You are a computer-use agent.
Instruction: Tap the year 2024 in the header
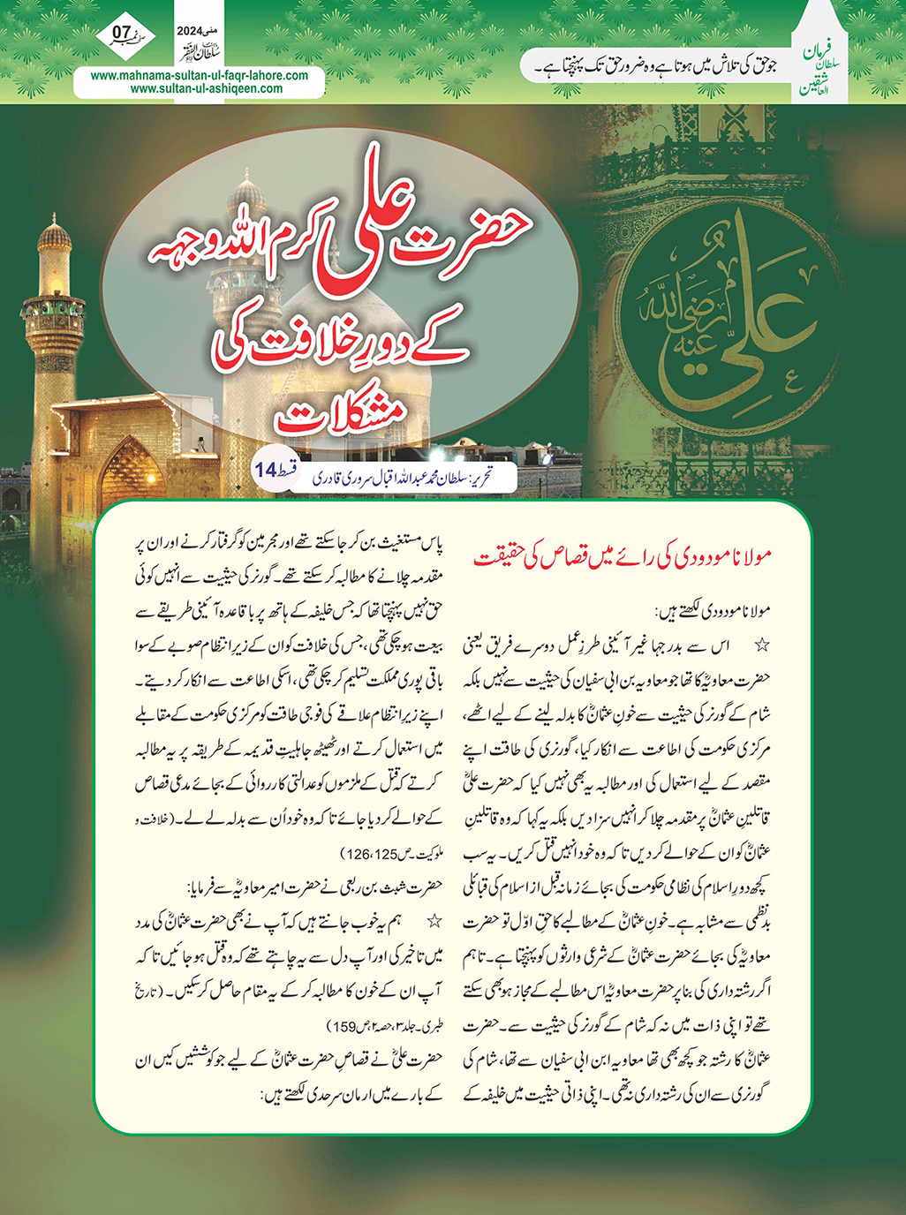190,31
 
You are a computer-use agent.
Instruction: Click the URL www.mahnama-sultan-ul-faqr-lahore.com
200,75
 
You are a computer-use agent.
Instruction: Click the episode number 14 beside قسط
266,470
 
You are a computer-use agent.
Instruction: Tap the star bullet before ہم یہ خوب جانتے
434,921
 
